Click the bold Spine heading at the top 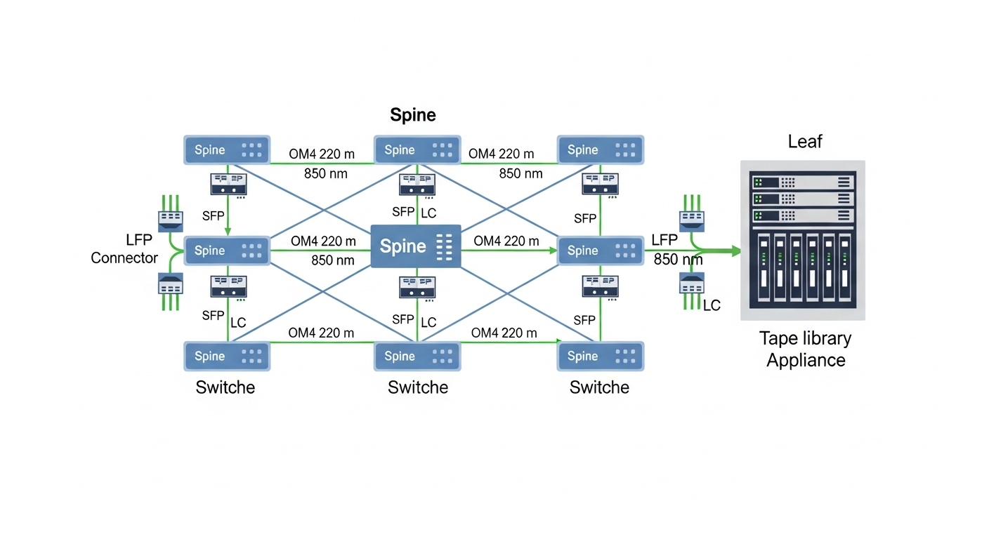(x=413, y=115)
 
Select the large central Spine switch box (x=415, y=246)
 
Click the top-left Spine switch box (x=227, y=149)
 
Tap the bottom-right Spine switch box (x=601, y=356)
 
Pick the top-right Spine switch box (x=601, y=149)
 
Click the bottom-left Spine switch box (x=227, y=356)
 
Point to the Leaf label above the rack (x=804, y=142)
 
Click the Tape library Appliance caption (x=805, y=349)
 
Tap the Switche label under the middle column (x=417, y=387)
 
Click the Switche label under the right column (x=599, y=387)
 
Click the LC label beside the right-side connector (x=712, y=305)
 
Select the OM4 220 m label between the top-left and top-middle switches (x=322, y=154)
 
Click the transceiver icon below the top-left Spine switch (x=228, y=185)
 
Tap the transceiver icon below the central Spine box (x=417, y=287)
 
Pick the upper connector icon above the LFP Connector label (x=171, y=220)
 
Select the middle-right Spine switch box (x=601, y=251)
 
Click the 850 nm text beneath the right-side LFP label (x=678, y=260)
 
